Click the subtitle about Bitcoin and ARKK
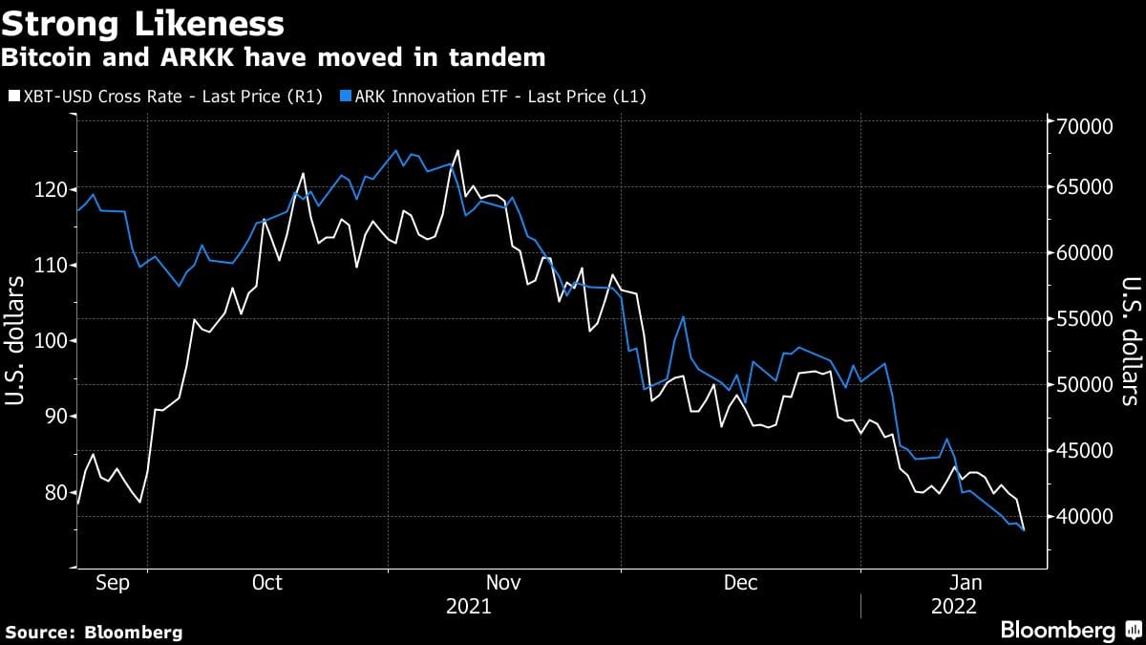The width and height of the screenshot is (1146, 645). [273, 57]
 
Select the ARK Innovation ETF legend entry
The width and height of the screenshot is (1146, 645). [498, 97]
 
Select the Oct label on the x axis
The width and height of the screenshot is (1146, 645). [266, 583]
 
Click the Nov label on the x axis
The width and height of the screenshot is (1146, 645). [503, 583]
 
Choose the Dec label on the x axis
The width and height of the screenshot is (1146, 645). [740, 583]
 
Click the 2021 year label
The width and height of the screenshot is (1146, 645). [468, 607]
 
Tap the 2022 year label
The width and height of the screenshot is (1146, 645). [954, 607]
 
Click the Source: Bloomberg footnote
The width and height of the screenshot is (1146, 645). [93, 632]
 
